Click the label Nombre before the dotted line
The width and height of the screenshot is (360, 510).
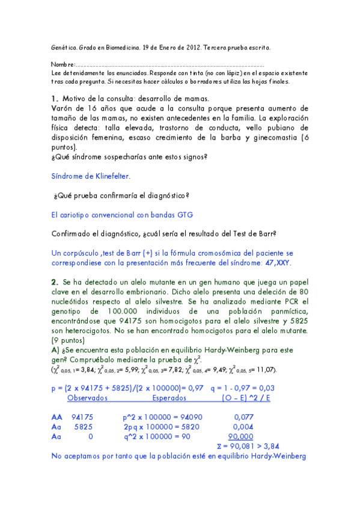coord(62,64)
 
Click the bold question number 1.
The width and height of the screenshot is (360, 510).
coord(53,99)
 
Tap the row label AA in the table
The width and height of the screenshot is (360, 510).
coord(57,416)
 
